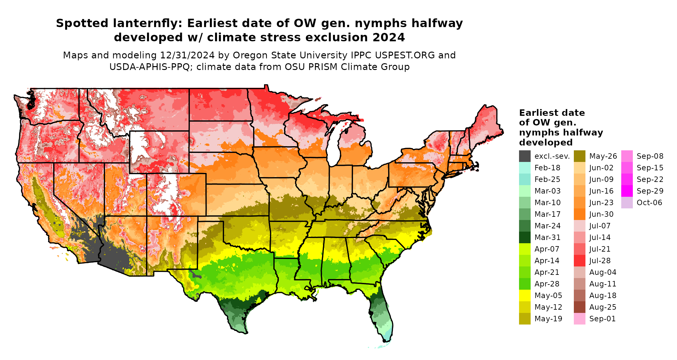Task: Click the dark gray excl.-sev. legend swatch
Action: (x=525, y=156)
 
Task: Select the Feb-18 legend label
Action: (x=547, y=168)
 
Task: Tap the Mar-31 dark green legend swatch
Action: (x=525, y=237)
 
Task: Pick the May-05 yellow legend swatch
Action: (x=525, y=295)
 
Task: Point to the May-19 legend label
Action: (x=548, y=319)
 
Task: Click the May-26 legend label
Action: (x=603, y=156)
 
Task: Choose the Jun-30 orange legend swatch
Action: (x=579, y=214)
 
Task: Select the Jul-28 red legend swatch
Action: (x=579, y=261)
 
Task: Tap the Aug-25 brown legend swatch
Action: (x=579, y=307)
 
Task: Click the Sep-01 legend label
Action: (x=602, y=319)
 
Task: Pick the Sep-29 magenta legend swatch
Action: (x=627, y=191)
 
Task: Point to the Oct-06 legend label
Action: (x=649, y=203)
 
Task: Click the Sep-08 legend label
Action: (x=650, y=156)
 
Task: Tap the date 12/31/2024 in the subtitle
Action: (x=187, y=55)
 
